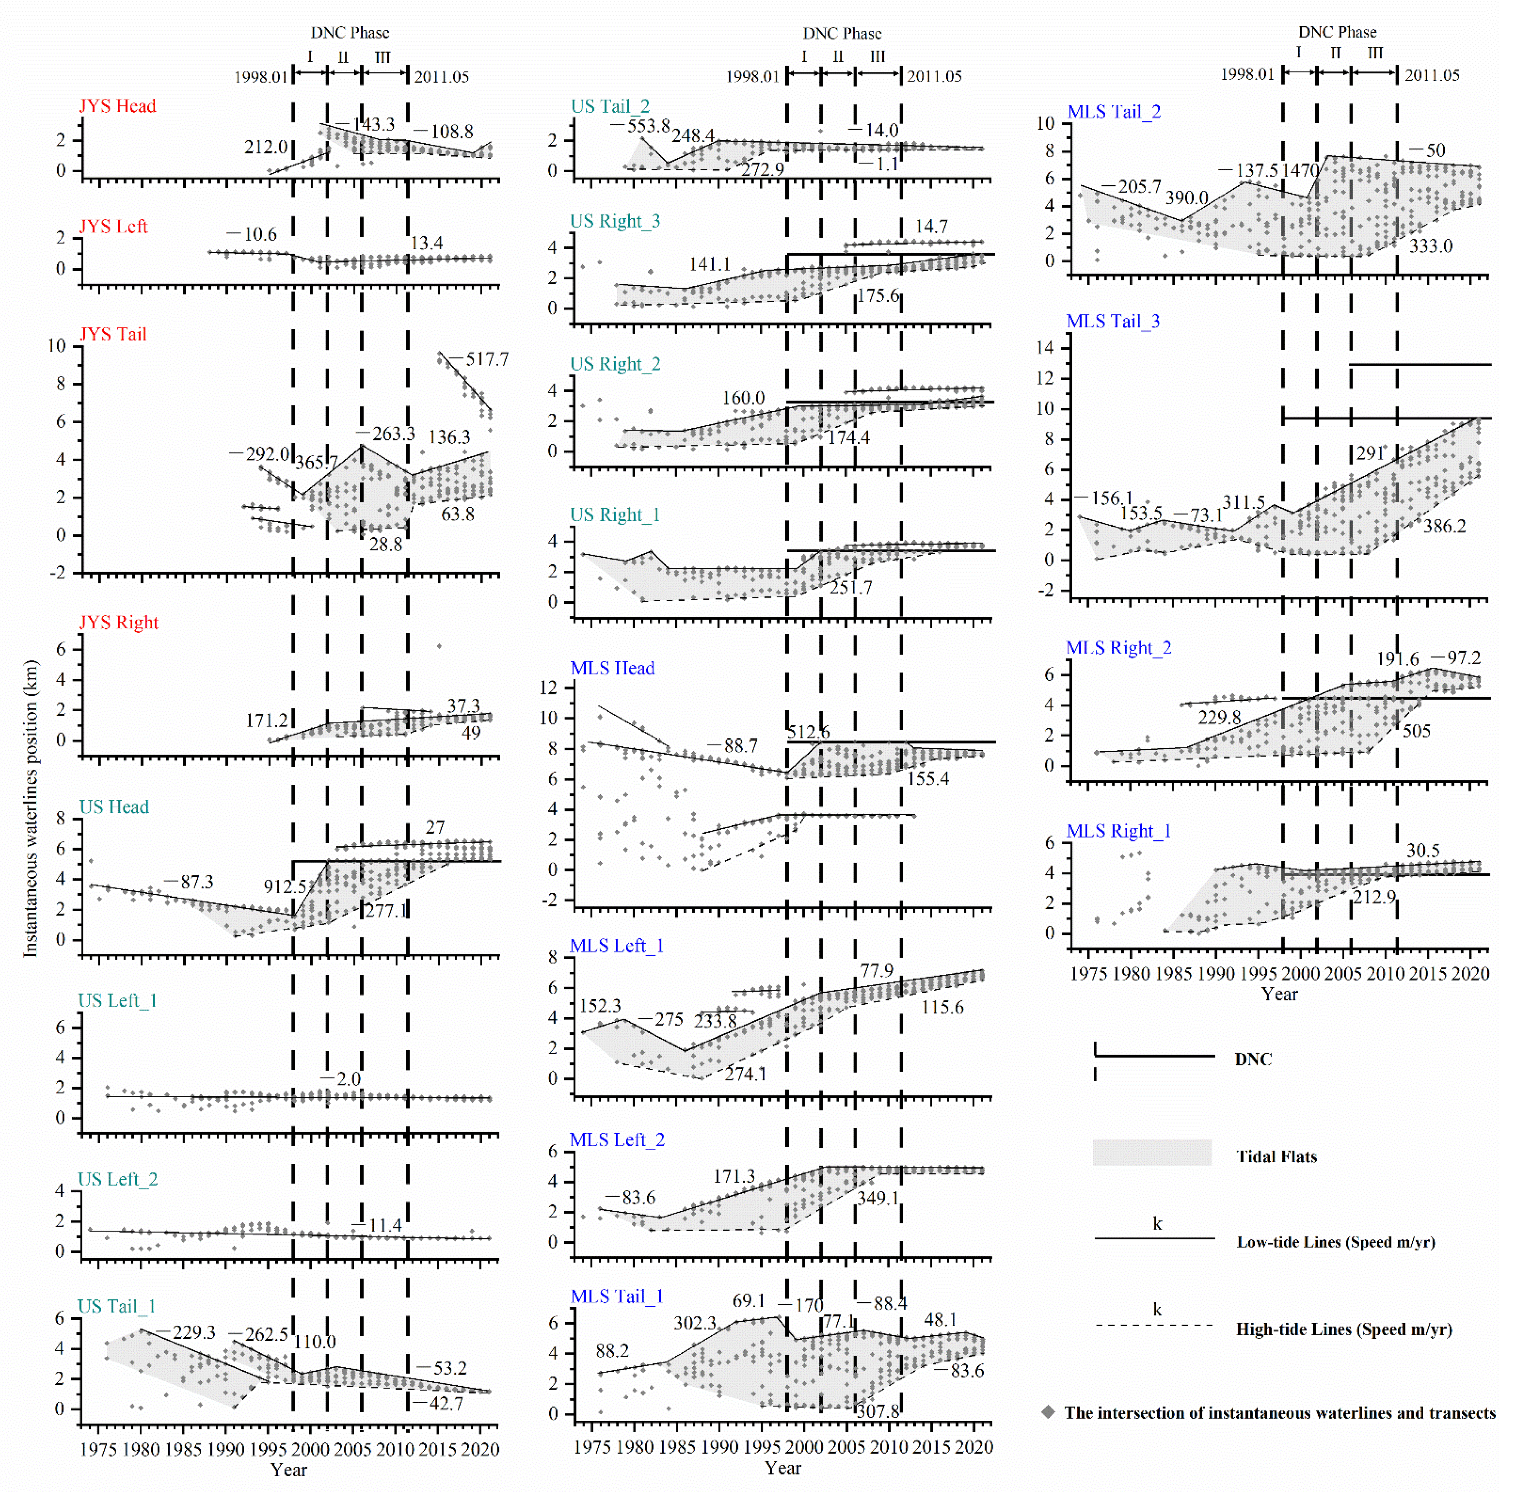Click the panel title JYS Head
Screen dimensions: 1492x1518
click(118, 106)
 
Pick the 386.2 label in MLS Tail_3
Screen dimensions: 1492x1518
click(1443, 526)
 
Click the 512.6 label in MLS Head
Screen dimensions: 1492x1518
click(808, 732)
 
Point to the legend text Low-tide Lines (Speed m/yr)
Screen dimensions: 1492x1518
click(1336, 1242)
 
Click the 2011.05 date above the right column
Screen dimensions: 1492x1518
click(1431, 75)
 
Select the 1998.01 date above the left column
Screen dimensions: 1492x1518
click(261, 77)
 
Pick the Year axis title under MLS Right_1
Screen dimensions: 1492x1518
click(1279, 993)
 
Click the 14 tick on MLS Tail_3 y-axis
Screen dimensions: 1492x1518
click(1045, 348)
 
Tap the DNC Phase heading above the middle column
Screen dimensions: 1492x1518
click(842, 34)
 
